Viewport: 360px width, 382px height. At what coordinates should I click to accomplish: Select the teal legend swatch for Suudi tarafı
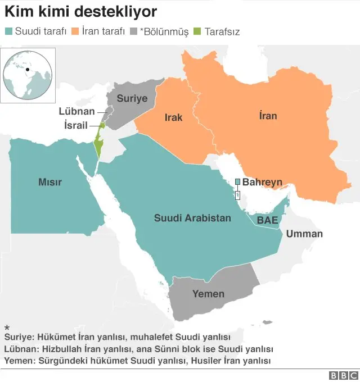[x=8, y=32]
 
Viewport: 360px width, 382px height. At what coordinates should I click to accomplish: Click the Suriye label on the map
[x=132, y=98]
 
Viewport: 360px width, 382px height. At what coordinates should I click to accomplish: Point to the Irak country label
[x=173, y=117]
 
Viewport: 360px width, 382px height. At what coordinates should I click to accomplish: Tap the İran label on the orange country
[x=268, y=116]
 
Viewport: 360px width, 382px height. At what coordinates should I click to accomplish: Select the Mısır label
[x=49, y=182]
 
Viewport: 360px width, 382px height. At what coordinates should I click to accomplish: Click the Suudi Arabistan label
[x=192, y=218]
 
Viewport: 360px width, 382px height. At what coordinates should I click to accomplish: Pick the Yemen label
[x=208, y=293]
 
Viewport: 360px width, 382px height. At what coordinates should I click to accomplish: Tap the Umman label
[x=304, y=234]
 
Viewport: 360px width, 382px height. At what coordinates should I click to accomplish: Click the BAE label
[x=267, y=220]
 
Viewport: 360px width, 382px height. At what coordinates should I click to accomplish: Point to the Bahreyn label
[x=262, y=182]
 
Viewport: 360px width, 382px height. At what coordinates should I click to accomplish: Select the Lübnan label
[x=76, y=111]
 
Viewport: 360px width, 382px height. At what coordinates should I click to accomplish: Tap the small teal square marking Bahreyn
[x=237, y=181]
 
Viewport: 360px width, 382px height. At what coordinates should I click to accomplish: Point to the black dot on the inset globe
[x=28, y=70]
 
